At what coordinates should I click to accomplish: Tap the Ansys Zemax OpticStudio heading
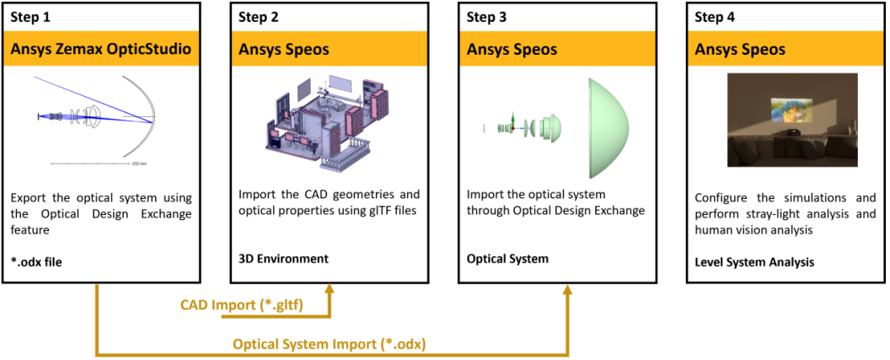[x=101, y=50]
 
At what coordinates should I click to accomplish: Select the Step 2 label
[x=258, y=18]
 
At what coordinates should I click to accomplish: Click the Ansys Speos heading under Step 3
[x=512, y=50]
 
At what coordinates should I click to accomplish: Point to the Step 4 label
[x=715, y=18]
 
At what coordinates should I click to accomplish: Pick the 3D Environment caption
[x=283, y=259]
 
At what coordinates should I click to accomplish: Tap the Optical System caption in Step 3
[x=507, y=259]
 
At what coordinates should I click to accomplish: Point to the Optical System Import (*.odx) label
[x=330, y=343]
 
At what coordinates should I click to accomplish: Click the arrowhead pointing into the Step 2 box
[x=329, y=289]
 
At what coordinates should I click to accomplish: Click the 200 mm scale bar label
[x=139, y=163]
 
